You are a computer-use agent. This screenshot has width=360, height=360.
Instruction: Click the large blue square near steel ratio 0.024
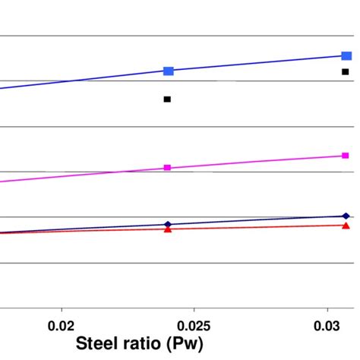pyautogui.click(x=168, y=71)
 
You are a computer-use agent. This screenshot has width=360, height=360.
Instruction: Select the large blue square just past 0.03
pyautogui.click(x=346, y=55)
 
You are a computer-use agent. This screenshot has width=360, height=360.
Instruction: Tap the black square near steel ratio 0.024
pyautogui.click(x=167, y=99)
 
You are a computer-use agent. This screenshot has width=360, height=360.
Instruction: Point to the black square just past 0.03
pyautogui.click(x=345, y=72)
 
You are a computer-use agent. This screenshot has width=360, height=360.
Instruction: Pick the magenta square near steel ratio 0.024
pyautogui.click(x=167, y=167)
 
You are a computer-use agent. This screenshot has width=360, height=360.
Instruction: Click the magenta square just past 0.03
pyautogui.click(x=346, y=156)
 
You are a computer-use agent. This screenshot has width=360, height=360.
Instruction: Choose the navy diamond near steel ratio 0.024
pyautogui.click(x=168, y=225)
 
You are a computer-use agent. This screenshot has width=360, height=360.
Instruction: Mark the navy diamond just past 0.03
pyautogui.click(x=346, y=216)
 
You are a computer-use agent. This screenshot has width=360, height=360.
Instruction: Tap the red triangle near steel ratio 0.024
pyautogui.click(x=168, y=229)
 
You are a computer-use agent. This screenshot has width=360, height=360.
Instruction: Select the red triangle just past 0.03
pyautogui.click(x=346, y=226)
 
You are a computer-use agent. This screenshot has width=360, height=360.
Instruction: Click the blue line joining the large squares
pyautogui.click(x=258, y=63)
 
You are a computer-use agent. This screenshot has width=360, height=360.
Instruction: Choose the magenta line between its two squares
pyautogui.click(x=258, y=161)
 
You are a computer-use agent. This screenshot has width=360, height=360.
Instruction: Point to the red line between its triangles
pyautogui.click(x=258, y=227)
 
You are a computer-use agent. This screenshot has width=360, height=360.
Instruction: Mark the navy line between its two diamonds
pyautogui.click(x=258, y=220)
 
